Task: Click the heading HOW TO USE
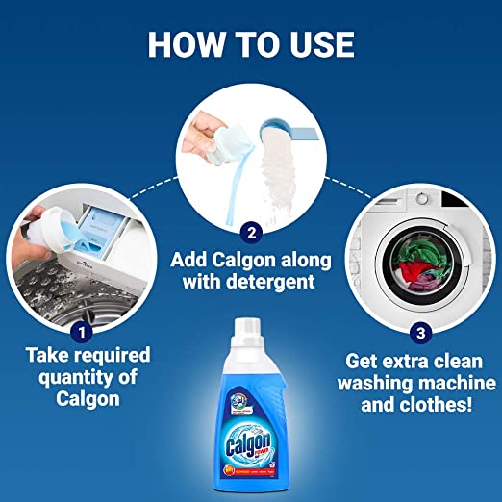(x=250, y=43)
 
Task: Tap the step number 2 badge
(x=251, y=231)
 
